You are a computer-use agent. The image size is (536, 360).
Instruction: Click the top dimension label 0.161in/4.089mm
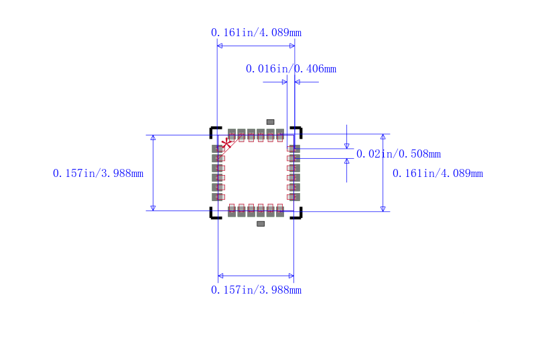256,33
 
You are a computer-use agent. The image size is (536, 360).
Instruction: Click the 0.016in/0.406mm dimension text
291,69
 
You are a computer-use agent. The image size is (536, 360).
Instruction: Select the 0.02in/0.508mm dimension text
399,154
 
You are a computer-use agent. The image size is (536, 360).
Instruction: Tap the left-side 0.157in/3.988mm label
98,174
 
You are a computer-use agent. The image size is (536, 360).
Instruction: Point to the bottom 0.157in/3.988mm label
256,290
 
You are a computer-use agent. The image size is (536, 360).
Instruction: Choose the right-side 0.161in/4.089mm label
438,174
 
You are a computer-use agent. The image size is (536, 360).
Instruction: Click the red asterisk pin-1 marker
226,143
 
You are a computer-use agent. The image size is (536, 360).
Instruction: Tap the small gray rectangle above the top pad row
271,122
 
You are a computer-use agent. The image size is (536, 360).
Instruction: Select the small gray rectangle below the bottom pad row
261,224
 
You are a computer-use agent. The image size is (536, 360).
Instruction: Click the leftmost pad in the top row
232,134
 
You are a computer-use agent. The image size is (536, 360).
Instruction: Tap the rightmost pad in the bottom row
280,211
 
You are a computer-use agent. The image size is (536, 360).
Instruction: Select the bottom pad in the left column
217,197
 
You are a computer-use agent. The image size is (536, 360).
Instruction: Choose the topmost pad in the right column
294,149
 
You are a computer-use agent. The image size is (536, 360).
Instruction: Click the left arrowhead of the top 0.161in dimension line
220,46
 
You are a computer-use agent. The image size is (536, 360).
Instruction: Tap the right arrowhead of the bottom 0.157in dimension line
291,276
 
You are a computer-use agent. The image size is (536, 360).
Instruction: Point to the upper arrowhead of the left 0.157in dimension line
153,137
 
